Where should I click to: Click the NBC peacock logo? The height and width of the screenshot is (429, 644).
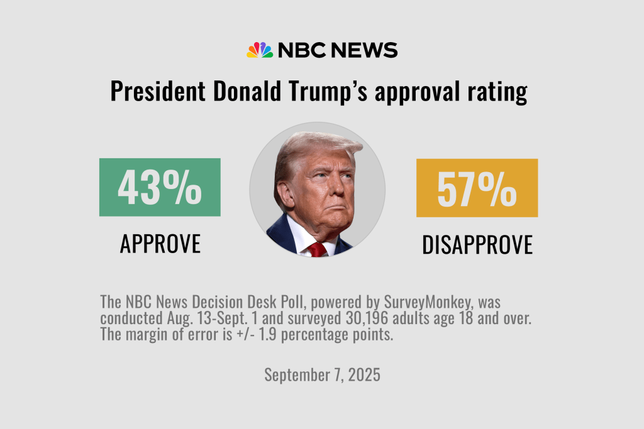[x=259, y=50]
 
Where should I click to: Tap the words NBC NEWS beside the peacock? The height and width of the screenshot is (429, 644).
[x=337, y=50]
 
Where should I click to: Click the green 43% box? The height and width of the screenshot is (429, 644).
[x=160, y=187]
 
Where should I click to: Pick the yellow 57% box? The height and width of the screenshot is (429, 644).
[x=477, y=187]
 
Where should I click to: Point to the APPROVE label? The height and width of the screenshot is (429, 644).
[x=160, y=244]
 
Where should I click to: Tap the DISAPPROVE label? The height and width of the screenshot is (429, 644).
[x=477, y=245]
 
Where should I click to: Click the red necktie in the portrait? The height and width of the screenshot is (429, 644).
[x=317, y=249]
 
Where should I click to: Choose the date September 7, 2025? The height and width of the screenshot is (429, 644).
[x=322, y=375]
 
